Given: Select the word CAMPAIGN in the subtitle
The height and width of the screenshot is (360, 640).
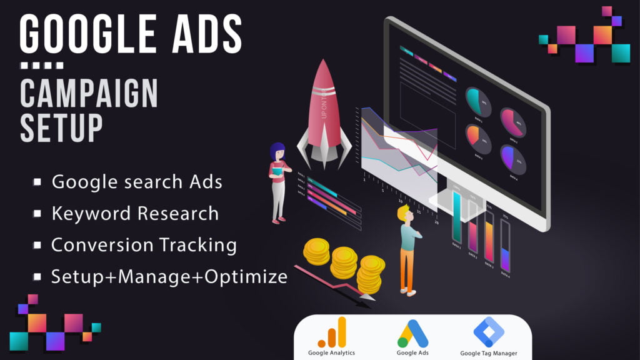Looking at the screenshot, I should pos(89,94).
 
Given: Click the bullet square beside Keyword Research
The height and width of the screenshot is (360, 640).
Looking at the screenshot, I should pos(38,214).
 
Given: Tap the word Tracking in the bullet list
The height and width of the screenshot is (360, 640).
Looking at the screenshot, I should pos(199,245).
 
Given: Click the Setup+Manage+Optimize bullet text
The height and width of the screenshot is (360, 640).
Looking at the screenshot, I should pos(169,276).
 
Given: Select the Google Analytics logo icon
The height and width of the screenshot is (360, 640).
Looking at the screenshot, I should pos(331,332).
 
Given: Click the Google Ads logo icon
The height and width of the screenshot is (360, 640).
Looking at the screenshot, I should pos(412,333).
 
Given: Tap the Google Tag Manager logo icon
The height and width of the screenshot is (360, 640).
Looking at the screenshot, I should pos(487,332).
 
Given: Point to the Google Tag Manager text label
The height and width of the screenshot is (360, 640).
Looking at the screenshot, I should pos(488,353).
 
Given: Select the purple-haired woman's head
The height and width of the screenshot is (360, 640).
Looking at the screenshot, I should pos(277,151).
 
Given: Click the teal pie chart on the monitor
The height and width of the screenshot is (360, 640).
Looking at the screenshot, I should pos(477,101).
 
